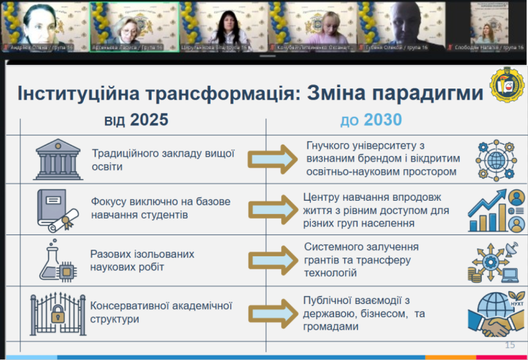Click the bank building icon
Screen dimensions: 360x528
coord(57,159)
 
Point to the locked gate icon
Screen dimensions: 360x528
coord(57,310)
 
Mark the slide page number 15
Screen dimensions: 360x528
coord(509,345)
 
